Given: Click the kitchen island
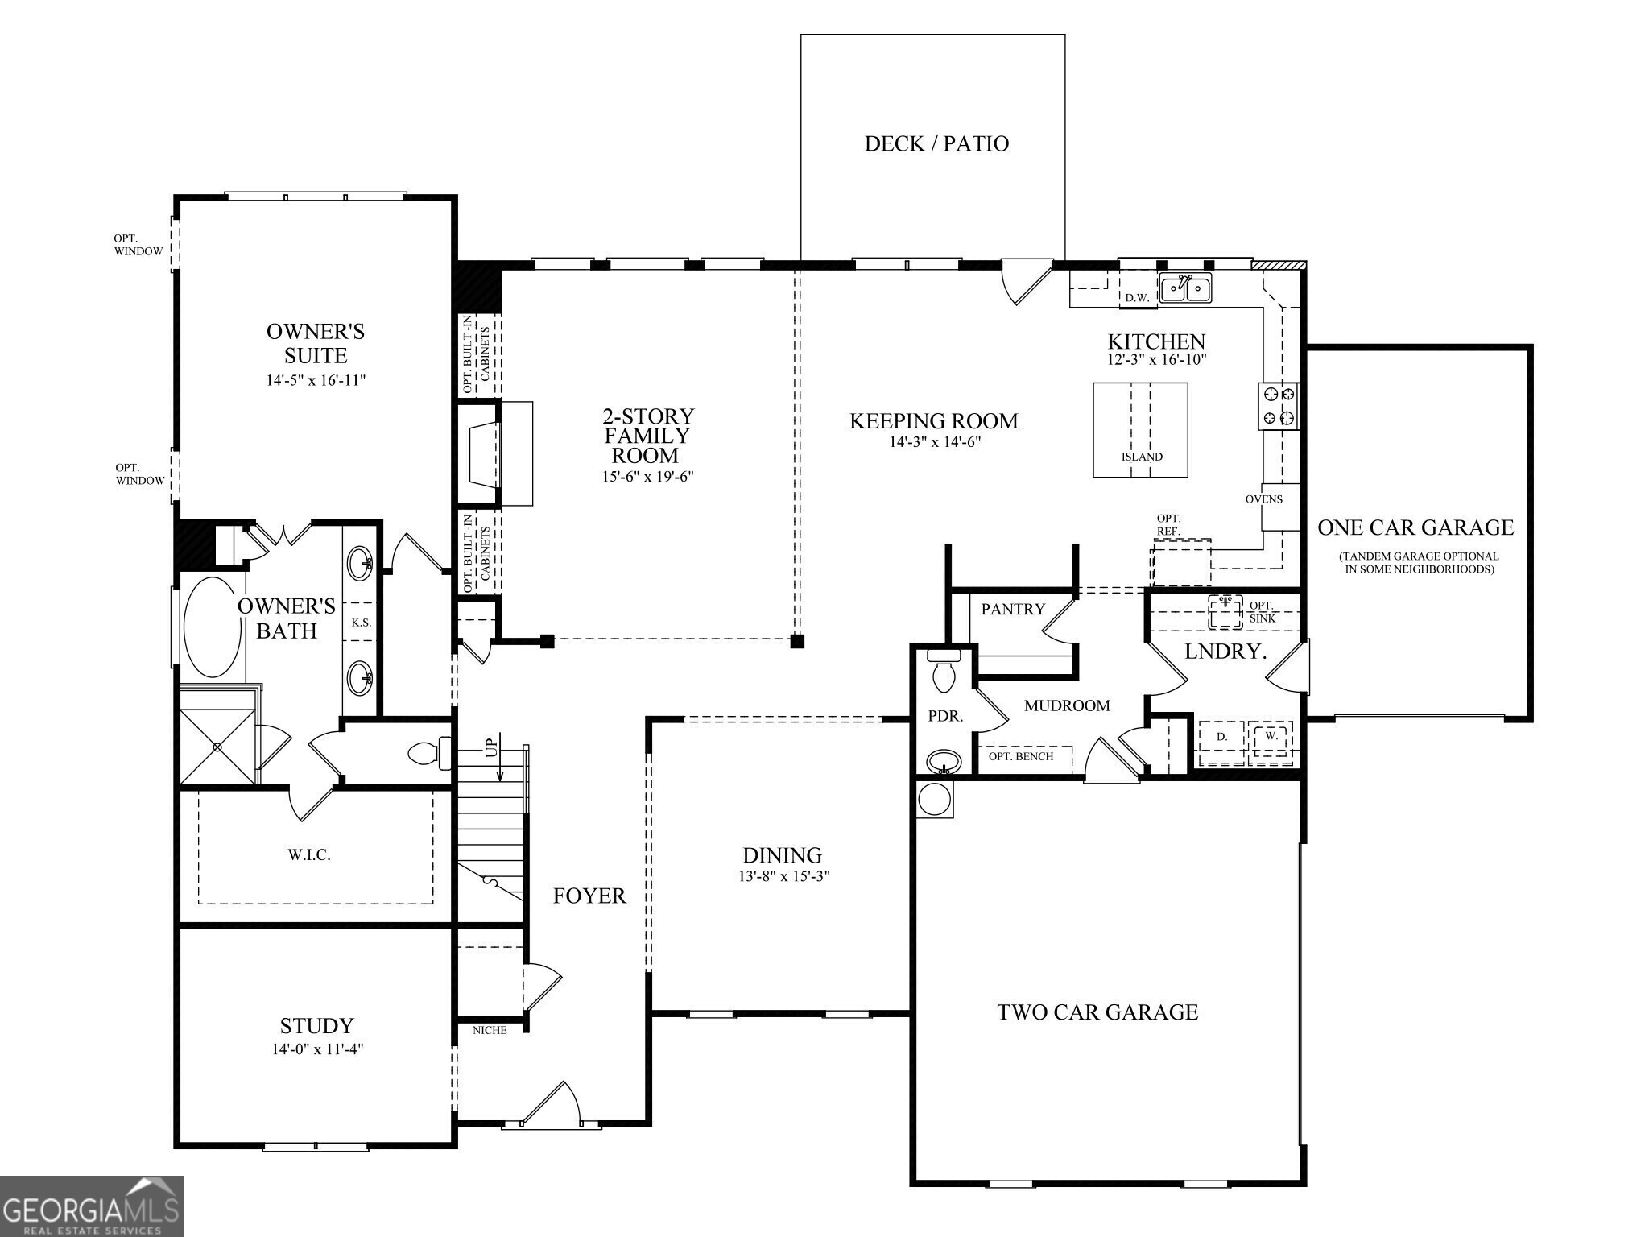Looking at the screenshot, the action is pos(1140,430).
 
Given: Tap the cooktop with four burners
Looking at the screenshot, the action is pos(1279,406).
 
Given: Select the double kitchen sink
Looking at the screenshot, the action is pos(1185,288).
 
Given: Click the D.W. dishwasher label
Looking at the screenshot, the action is pos(1137,298).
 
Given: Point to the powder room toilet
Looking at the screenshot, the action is pos(944,672).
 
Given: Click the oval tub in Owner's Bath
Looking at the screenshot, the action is pos(213,627).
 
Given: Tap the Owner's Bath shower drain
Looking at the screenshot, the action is pos(217,747).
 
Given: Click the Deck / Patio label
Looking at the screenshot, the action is pos(936,143).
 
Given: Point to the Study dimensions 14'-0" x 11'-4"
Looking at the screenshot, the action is pos(318,1049).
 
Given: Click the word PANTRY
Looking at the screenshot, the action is pos(1013,610).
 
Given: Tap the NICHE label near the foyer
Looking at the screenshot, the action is pos(490,1030).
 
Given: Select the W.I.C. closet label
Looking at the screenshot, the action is pos(309,855).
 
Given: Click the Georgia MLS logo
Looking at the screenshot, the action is pos(92,1206).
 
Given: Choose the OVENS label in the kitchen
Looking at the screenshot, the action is pos(1264,499).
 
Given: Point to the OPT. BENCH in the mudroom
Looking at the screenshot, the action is pos(1021,757).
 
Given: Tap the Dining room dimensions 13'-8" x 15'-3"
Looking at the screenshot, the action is pos(784,876).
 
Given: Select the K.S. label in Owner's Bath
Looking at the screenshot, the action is pos(361,623).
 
